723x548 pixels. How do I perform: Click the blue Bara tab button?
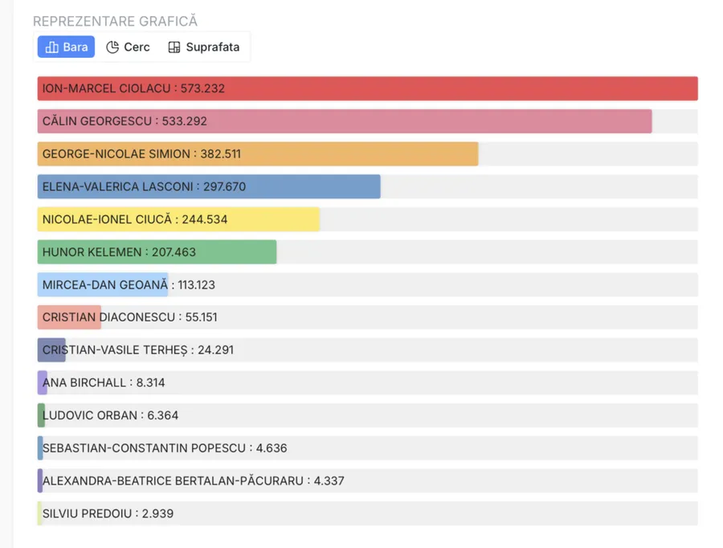pyautogui.click(x=66, y=47)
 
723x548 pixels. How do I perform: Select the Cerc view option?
pyautogui.click(x=128, y=47)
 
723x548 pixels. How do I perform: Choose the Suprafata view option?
pyautogui.click(x=204, y=47)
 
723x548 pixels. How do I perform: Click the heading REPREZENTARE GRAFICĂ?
pyautogui.click(x=115, y=21)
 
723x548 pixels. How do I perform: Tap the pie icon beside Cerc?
pyautogui.click(x=112, y=47)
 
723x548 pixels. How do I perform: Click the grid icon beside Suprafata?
pyautogui.click(x=174, y=47)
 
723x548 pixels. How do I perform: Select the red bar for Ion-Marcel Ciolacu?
pyautogui.click(x=367, y=88)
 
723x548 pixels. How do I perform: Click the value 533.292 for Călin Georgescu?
pyautogui.click(x=185, y=121)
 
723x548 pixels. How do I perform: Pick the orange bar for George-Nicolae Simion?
pyautogui.click(x=258, y=153)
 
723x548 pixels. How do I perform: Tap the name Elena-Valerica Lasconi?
pyautogui.click(x=117, y=186)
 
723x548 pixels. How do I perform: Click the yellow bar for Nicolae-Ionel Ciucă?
pyautogui.click(x=178, y=219)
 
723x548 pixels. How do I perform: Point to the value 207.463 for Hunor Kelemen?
pyautogui.click(x=174, y=252)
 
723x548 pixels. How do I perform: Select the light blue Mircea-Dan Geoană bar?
pyautogui.click(x=103, y=284)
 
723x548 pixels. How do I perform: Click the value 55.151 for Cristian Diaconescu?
pyautogui.click(x=201, y=317)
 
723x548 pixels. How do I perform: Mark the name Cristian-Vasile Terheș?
pyautogui.click(x=115, y=350)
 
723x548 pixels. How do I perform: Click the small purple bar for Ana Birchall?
pyautogui.click(x=42, y=382)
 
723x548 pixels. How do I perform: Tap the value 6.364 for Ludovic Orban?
pyautogui.click(x=163, y=415)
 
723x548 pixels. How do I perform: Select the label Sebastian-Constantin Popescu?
pyautogui.click(x=144, y=448)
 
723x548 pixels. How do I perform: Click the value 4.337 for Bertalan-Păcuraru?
pyautogui.click(x=329, y=481)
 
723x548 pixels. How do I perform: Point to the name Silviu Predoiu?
pyautogui.click(x=87, y=513)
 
